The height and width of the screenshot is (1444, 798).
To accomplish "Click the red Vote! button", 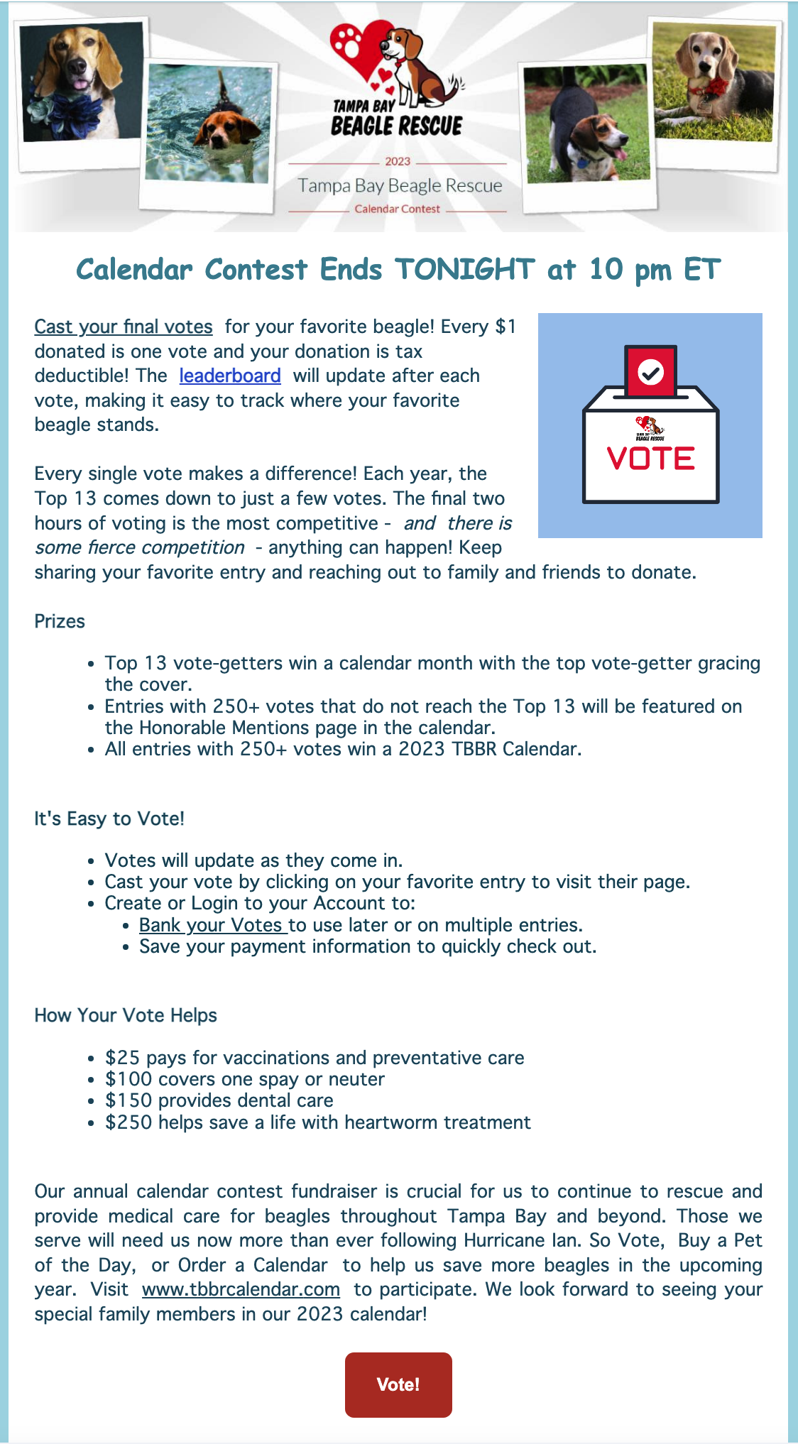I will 398,1384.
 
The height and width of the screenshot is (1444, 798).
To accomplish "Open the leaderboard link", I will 230,376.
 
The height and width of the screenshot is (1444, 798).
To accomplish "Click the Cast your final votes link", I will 124,327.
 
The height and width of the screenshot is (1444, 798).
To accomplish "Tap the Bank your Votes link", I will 212,925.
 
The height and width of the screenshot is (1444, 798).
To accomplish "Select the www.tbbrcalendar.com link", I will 241,1289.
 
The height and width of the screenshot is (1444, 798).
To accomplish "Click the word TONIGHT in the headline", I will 464,270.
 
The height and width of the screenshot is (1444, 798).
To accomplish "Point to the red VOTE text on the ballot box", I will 650,459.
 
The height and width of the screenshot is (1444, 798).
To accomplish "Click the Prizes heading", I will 60,621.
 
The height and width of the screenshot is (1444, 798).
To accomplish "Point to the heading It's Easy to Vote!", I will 109,819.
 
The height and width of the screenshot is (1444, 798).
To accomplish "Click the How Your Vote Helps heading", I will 126,1015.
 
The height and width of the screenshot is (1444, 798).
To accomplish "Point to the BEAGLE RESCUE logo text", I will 396,126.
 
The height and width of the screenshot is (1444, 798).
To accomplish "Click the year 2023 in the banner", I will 398,162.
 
